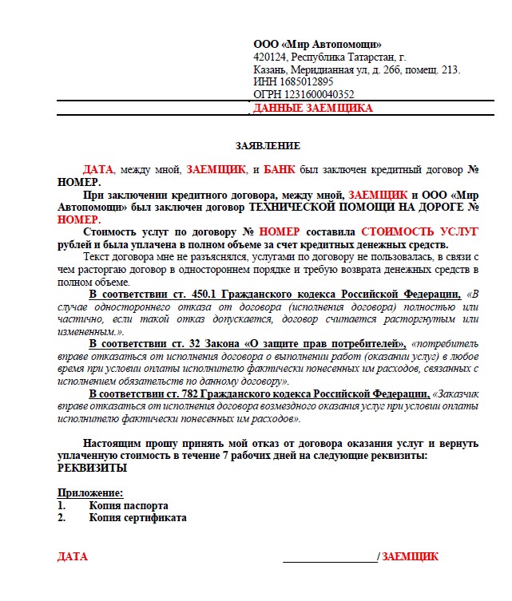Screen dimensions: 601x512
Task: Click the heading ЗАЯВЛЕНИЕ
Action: pos(268,146)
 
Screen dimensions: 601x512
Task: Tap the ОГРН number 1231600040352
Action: pos(315,94)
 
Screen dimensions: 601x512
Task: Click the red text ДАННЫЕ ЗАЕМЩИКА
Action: pos(312,108)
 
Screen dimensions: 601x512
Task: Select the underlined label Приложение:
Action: pos(90,492)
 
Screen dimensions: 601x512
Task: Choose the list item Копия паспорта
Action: pos(128,505)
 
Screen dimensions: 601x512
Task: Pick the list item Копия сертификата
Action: pos(137,518)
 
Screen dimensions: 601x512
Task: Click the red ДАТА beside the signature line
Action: pos(73,556)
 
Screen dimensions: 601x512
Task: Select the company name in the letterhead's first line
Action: pos(317,45)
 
